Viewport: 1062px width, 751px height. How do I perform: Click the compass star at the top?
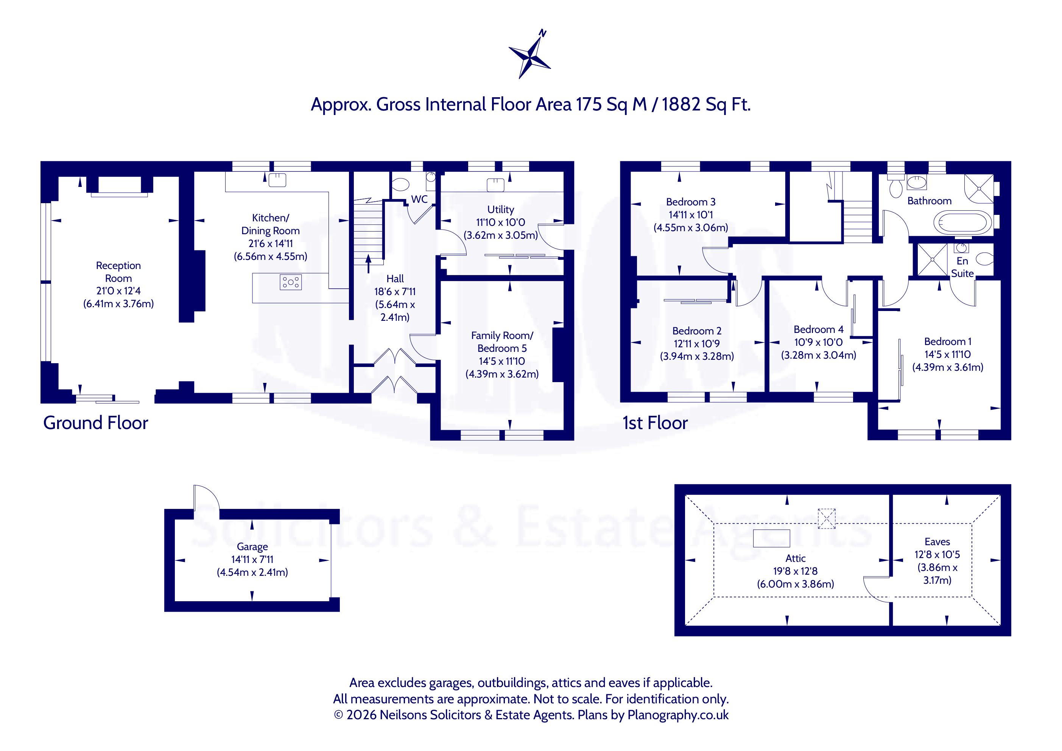pyautogui.click(x=530, y=58)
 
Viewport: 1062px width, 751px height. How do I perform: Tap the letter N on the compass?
pyautogui.click(x=543, y=33)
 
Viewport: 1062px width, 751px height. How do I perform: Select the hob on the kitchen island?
pyautogui.click(x=290, y=282)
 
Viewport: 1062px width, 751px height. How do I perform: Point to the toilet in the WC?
pyautogui.click(x=400, y=185)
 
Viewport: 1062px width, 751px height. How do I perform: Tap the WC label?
pyautogui.click(x=419, y=199)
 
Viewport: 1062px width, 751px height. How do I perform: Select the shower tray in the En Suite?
pyautogui.click(x=932, y=260)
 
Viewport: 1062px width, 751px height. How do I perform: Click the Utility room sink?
pyautogui.click(x=495, y=185)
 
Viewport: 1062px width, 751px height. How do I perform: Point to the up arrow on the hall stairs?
pyautogui.click(x=369, y=264)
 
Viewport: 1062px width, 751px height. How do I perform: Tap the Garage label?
pyautogui.click(x=252, y=547)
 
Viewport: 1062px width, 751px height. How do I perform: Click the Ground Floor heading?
pyautogui.click(x=96, y=423)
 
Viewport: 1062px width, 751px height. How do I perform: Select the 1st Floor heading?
pyautogui.click(x=655, y=423)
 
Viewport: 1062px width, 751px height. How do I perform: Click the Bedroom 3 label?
pyautogui.click(x=691, y=202)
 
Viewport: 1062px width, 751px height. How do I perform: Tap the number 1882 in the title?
pyautogui.click(x=681, y=104)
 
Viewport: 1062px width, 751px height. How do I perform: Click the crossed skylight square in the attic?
pyautogui.click(x=827, y=518)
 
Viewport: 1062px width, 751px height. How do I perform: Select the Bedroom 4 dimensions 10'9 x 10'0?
pyautogui.click(x=818, y=342)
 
